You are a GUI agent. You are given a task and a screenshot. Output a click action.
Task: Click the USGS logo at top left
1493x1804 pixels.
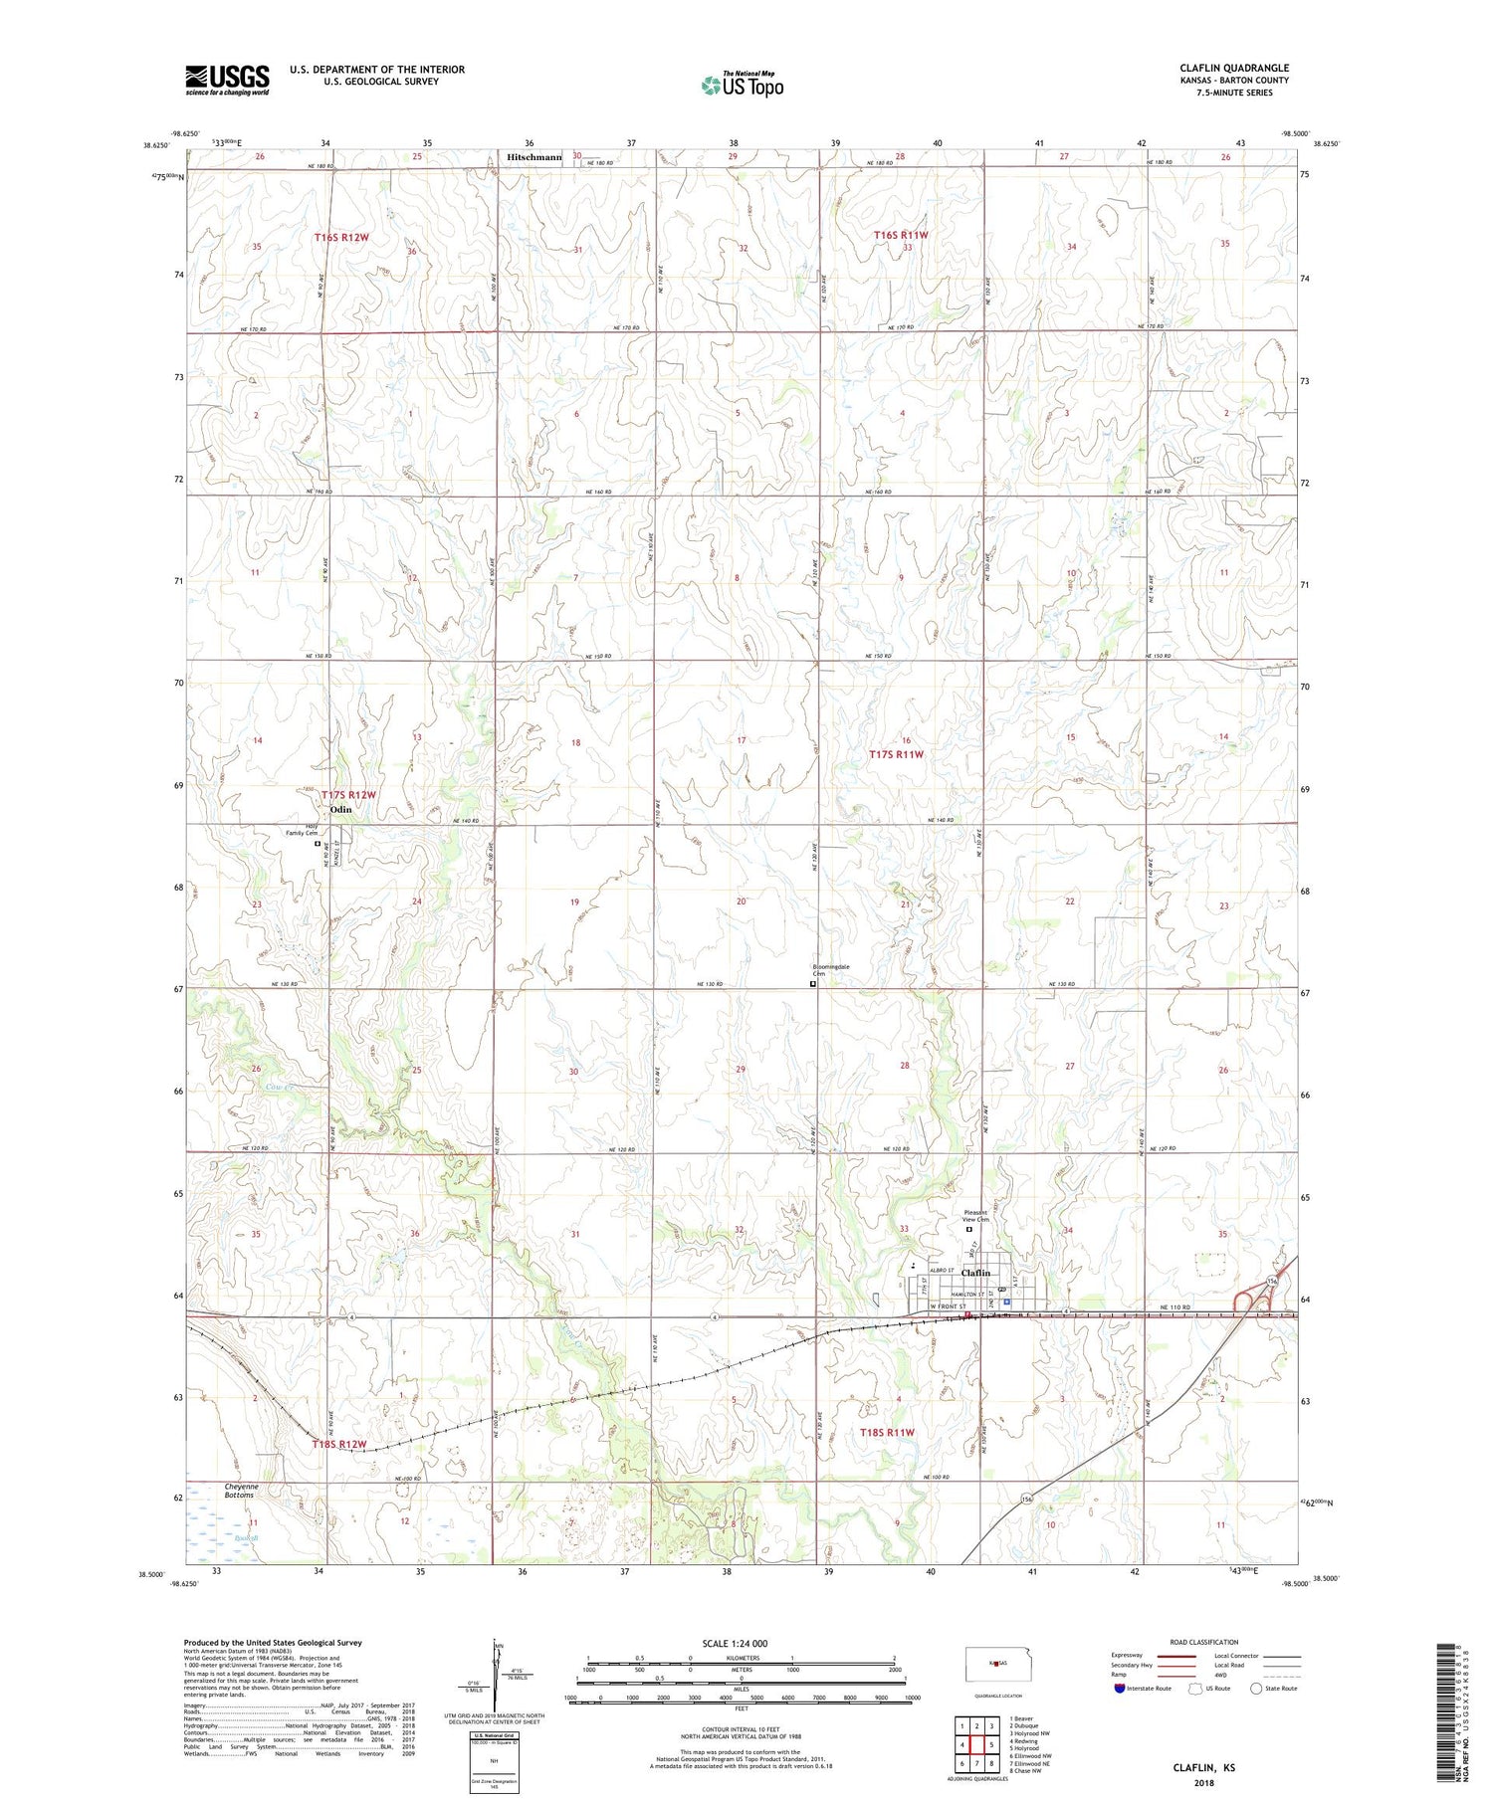[x=227, y=80]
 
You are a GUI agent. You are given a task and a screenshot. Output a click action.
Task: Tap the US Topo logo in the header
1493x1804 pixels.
[x=742, y=85]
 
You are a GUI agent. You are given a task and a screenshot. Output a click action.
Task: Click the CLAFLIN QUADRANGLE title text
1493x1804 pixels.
[x=1233, y=68]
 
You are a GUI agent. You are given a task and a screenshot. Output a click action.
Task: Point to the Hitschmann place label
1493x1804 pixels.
[x=534, y=157]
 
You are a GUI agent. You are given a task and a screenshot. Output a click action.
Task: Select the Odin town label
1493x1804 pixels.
[x=340, y=810]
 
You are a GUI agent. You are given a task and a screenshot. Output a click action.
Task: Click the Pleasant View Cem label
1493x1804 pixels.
[x=976, y=1216]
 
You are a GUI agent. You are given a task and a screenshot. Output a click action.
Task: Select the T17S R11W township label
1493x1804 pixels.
[x=896, y=754]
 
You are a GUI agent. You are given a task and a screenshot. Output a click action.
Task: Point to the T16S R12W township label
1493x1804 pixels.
[x=341, y=237]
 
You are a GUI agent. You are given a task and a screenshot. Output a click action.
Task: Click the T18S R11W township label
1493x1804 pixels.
[x=886, y=1432]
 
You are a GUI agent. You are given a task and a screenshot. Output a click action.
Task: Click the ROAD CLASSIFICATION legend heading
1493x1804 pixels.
[x=1204, y=1642]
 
